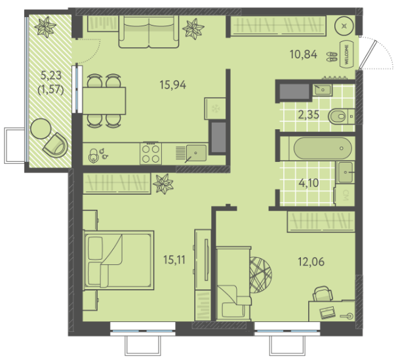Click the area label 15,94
(172, 85)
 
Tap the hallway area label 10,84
(304, 54)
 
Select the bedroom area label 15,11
(174, 260)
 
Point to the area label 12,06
(311, 262)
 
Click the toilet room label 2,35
(309, 115)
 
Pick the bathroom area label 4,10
(309, 183)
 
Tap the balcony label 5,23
(51, 75)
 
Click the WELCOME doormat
(346, 54)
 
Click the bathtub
(323, 148)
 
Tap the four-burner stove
(151, 153)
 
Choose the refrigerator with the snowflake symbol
(215, 109)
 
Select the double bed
(119, 260)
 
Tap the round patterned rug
(260, 275)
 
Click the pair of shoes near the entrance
(332, 56)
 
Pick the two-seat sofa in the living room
(149, 31)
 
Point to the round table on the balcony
(41, 129)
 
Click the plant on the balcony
(45, 26)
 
